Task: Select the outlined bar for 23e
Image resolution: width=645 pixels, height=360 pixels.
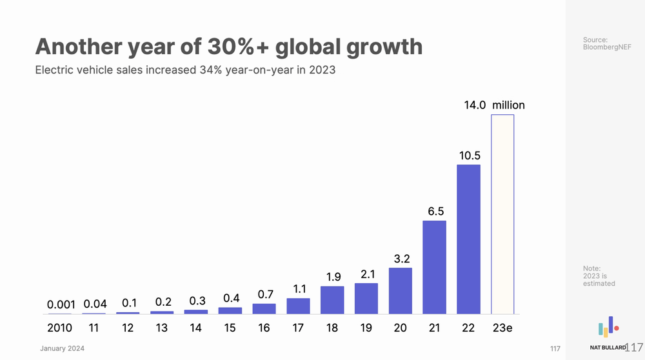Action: point(502,214)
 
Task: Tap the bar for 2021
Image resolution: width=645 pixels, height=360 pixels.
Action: point(434,267)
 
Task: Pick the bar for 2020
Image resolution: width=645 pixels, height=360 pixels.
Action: point(400,290)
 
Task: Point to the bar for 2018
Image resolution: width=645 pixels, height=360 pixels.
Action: point(332,300)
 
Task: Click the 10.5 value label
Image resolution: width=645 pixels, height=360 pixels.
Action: point(469,155)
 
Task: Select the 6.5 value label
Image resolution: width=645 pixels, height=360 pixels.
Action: point(435,211)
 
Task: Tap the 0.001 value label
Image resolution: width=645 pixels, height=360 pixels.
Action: point(61,304)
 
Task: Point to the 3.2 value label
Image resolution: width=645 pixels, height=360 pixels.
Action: point(401,259)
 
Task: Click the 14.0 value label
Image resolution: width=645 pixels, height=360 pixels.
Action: point(475,105)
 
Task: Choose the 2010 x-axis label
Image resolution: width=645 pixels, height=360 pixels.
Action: point(60,328)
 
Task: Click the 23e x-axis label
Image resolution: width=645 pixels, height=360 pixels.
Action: point(502,328)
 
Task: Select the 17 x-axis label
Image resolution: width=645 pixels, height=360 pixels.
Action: point(298,328)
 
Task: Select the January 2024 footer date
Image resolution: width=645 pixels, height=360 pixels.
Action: point(62,348)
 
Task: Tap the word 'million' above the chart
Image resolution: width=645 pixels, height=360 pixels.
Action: point(508,105)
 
